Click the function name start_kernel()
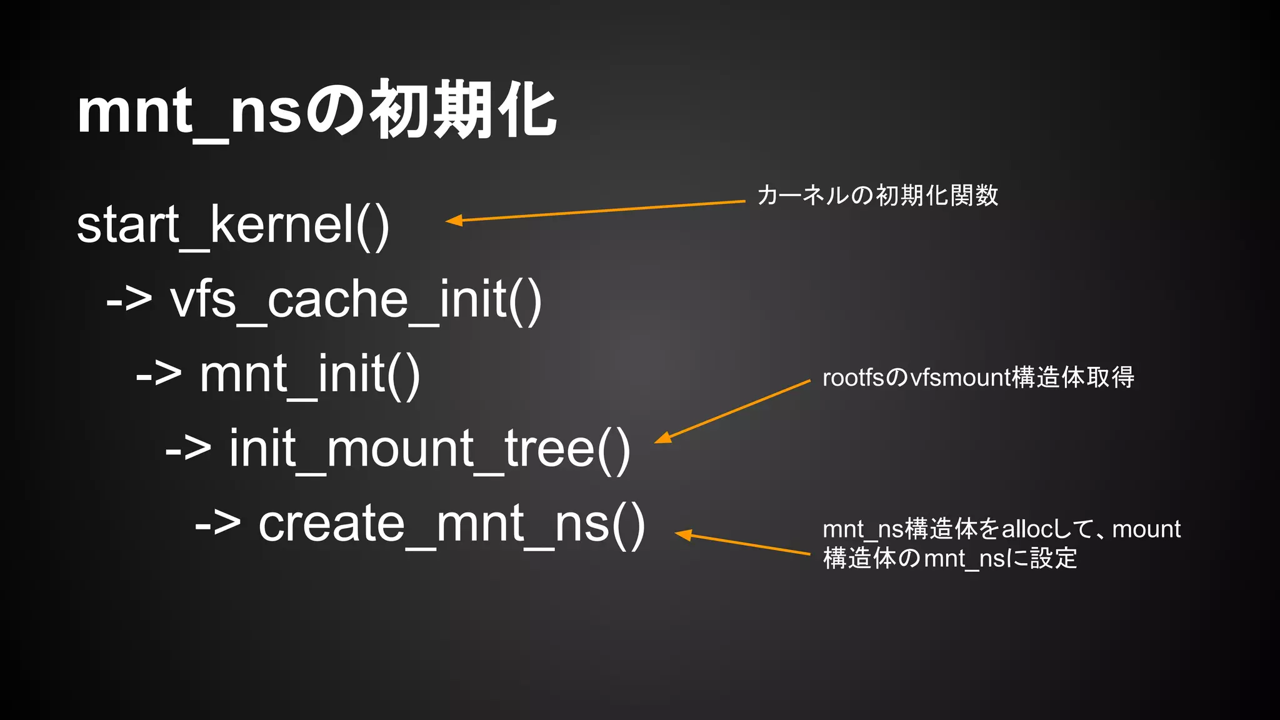[232, 225]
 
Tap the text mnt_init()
[309, 374]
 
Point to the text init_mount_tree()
[429, 448]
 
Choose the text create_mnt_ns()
[451, 523]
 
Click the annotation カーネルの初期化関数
[877, 196]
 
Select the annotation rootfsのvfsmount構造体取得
[978, 377]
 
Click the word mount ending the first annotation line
[1146, 529]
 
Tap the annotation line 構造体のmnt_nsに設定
[950, 558]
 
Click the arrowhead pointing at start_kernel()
[453, 220]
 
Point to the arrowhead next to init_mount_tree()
[662, 438]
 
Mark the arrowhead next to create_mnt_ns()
[683, 534]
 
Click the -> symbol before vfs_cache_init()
[129, 300]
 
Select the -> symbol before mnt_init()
[159, 374]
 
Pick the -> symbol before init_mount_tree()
[188, 448]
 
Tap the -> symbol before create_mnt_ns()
[217, 523]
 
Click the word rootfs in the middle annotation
[853, 377]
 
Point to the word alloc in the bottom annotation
[1027, 529]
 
